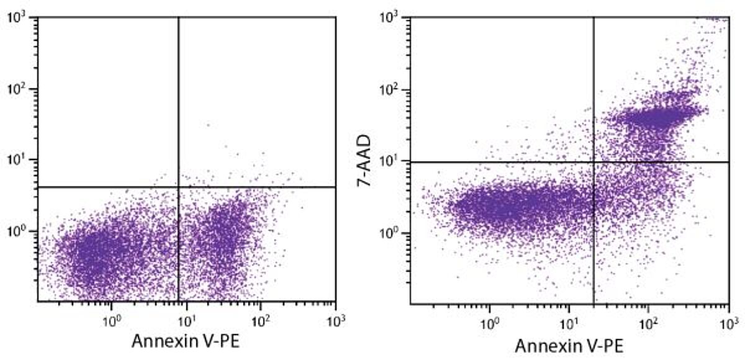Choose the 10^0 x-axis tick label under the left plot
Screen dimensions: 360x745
pos(111,322)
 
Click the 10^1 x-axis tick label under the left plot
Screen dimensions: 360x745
pos(186,322)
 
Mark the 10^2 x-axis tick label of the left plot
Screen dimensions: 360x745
pos(261,322)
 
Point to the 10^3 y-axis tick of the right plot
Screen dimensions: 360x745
pos(393,18)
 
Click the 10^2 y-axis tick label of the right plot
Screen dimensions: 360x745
pos(393,90)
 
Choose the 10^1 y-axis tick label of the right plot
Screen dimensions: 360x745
pos(393,161)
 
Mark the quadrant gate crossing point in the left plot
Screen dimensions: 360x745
pos(179,187)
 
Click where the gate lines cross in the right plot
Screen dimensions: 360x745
pos(594,162)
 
